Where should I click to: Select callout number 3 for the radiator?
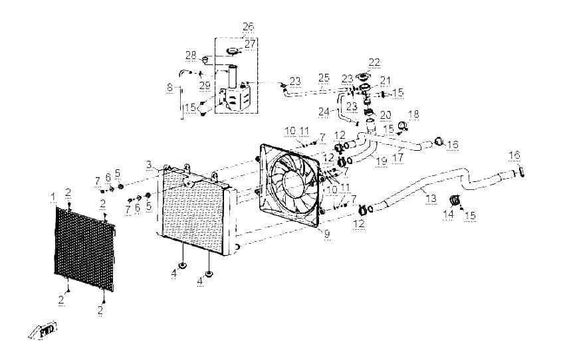(149, 165)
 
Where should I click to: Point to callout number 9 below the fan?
(327, 234)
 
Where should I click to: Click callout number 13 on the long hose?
(431, 199)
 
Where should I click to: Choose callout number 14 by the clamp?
(448, 214)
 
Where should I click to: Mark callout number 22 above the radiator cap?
(374, 62)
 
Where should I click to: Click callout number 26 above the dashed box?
(249, 27)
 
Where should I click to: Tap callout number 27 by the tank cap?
(250, 44)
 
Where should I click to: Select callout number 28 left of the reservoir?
(191, 55)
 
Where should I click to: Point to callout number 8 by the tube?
(170, 87)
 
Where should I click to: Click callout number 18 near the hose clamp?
(413, 114)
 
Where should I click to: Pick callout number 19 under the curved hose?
(382, 161)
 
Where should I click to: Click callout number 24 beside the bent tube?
(324, 112)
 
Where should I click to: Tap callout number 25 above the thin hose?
(324, 78)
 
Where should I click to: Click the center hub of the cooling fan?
(296, 182)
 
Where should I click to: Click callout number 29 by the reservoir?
(205, 86)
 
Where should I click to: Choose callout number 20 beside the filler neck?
(385, 115)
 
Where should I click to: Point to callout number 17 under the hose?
(398, 157)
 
